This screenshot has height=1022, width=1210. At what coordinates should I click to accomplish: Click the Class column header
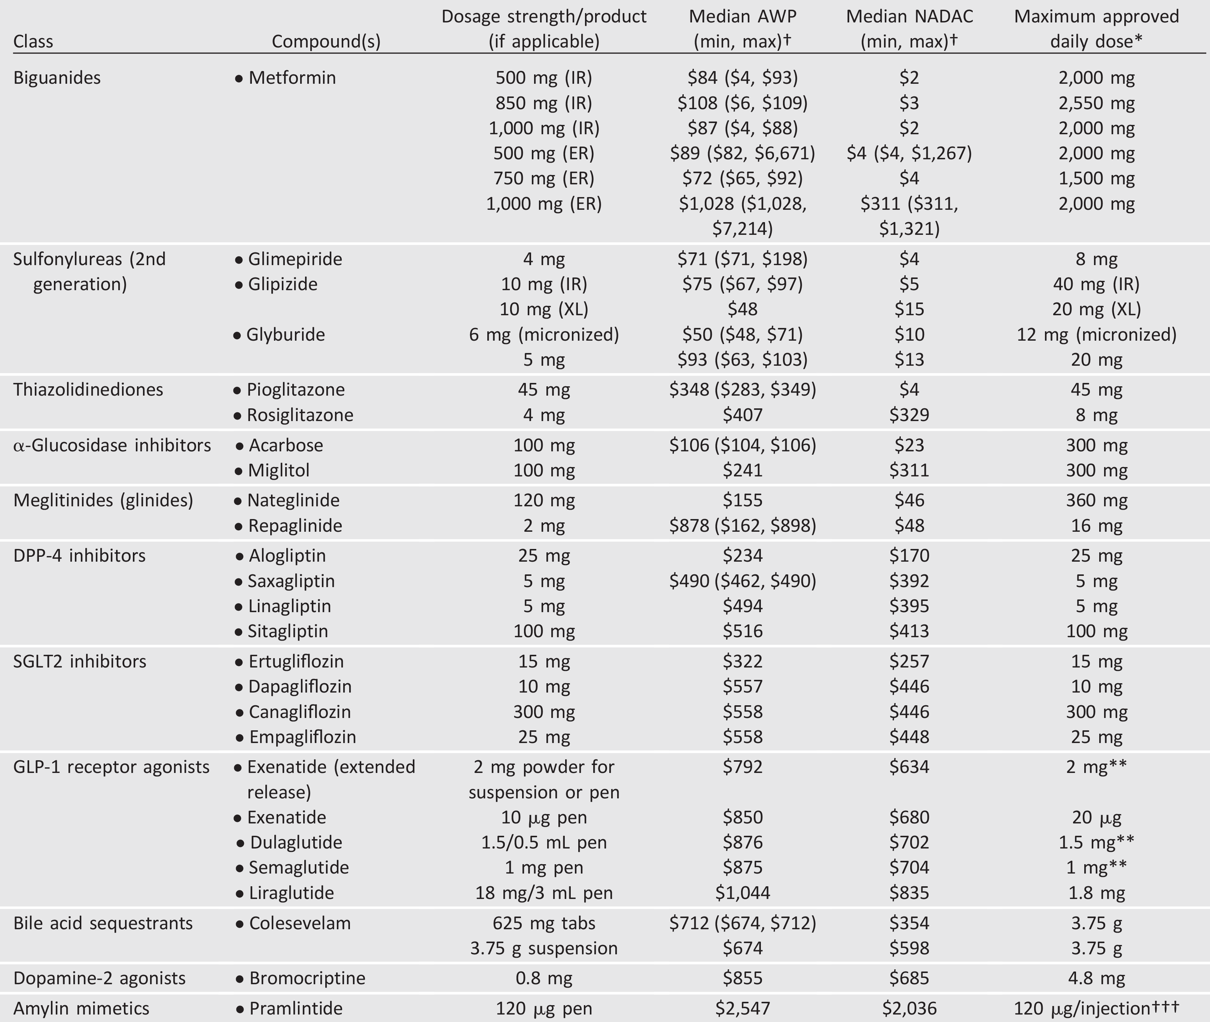coord(33,41)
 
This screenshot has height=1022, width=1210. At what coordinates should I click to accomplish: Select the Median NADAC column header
coord(909,28)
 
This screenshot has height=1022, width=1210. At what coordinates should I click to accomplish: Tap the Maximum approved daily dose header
coord(1096,28)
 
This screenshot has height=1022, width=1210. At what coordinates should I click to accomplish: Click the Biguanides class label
coord(57,78)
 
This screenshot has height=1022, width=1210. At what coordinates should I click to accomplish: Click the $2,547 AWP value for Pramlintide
coord(742,1008)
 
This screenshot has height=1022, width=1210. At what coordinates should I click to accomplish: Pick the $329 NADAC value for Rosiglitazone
coord(909,415)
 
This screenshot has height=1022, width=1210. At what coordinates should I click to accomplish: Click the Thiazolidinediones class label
coord(88,389)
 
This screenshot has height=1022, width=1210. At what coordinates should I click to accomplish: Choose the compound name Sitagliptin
coord(287,631)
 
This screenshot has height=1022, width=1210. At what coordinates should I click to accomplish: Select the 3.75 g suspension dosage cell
coord(543,948)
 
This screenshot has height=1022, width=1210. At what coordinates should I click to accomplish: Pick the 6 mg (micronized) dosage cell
coord(543,334)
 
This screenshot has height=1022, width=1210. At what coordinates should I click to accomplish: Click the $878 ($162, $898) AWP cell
coord(742,525)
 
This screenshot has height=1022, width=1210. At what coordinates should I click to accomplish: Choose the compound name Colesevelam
coord(300,923)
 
